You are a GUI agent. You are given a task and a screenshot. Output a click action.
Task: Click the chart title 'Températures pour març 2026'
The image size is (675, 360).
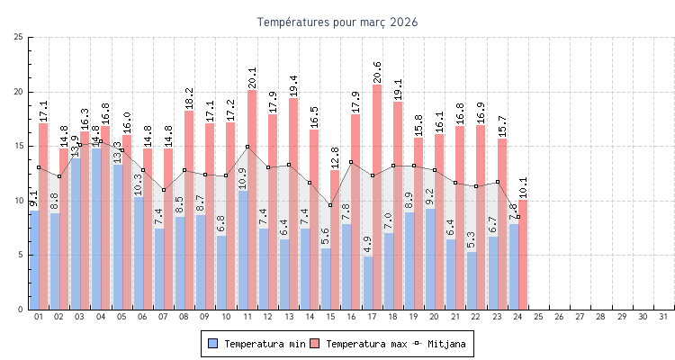click(337, 22)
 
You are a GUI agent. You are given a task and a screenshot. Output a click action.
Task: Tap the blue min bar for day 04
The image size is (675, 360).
click(96, 229)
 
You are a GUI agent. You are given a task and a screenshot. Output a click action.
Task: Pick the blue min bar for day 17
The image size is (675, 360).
click(367, 283)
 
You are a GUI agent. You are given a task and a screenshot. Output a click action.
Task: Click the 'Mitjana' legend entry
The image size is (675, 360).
click(444, 344)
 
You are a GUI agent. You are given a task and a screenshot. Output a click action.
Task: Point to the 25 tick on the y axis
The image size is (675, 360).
click(19, 37)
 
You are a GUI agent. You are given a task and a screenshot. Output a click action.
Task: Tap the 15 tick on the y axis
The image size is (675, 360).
click(19, 146)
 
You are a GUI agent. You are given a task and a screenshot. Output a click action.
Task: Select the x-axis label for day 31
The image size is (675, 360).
click(663, 317)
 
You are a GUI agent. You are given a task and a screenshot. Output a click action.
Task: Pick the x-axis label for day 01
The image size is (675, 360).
click(39, 317)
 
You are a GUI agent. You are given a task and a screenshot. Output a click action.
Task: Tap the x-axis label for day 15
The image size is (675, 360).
click(330, 317)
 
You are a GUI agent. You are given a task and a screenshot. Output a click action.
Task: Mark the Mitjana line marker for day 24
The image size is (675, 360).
click(517, 217)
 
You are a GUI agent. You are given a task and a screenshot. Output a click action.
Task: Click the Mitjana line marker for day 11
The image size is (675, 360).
click(247, 147)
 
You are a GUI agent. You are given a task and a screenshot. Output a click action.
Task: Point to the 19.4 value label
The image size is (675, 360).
click(293, 85)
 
